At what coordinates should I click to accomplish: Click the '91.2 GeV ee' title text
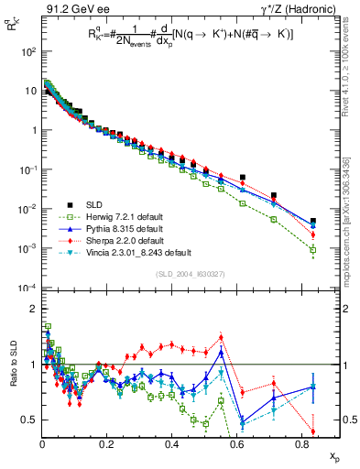click(x=72, y=8)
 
